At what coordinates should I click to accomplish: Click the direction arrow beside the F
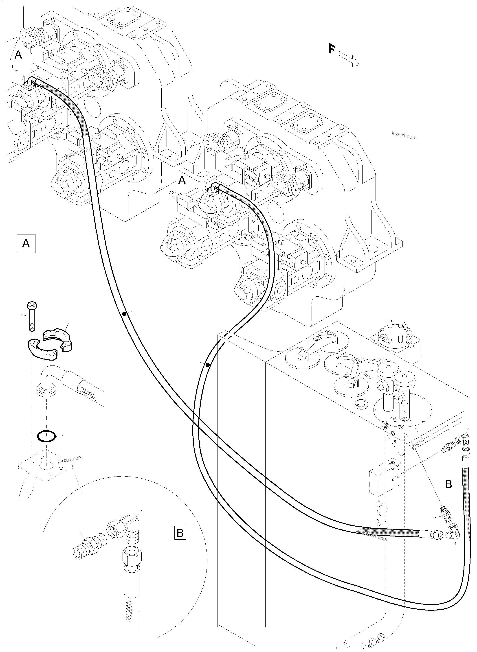pyautogui.click(x=349, y=59)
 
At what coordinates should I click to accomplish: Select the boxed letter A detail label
pyautogui.click(x=26, y=243)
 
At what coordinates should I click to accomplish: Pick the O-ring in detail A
pyautogui.click(x=46, y=436)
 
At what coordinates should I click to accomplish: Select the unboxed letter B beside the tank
pyautogui.click(x=448, y=484)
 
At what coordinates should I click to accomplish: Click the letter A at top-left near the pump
pyautogui.click(x=18, y=55)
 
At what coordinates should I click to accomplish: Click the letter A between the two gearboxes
pyautogui.click(x=182, y=180)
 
